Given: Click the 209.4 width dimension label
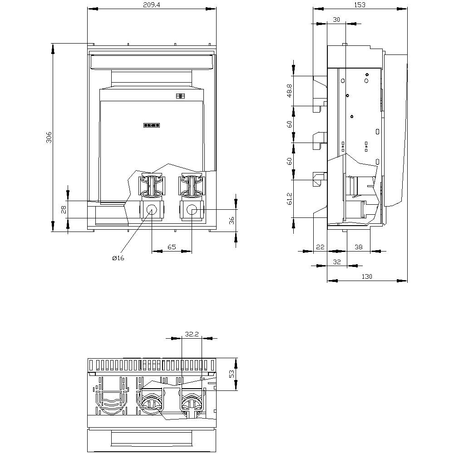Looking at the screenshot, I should [x=152, y=5].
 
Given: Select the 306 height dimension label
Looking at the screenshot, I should [x=49, y=137].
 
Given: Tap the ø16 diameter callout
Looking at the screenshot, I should [x=118, y=258].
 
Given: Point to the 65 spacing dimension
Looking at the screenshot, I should [x=172, y=247].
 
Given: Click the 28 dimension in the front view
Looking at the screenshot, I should [x=64, y=209].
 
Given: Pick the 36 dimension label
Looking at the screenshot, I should [x=232, y=221].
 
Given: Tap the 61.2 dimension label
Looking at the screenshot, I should [x=290, y=198].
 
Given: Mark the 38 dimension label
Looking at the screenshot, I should [x=359, y=247].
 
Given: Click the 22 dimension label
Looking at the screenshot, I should [x=320, y=247].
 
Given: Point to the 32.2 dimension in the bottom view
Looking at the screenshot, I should [x=192, y=334].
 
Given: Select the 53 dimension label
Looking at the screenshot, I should [x=232, y=374].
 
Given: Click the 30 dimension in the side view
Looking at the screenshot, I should [x=336, y=20].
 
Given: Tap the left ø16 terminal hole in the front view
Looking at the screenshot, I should [x=151, y=210].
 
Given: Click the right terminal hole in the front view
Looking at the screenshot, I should [x=192, y=210].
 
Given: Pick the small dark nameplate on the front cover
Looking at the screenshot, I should [x=152, y=125].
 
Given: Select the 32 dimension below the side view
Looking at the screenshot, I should [x=336, y=262].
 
